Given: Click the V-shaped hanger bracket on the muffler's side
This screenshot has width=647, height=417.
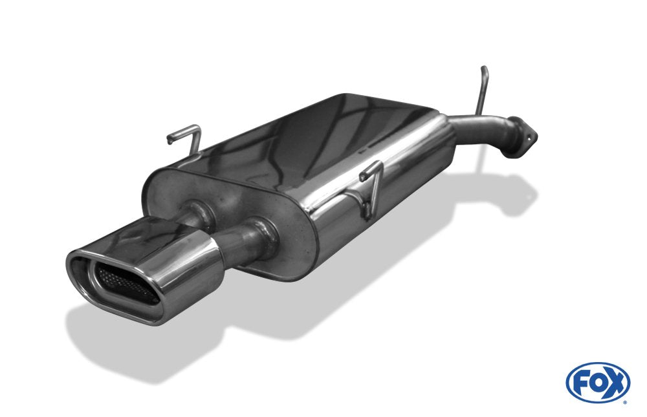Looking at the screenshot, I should tap(371, 187).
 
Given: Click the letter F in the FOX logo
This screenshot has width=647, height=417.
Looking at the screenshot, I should tap(581, 383).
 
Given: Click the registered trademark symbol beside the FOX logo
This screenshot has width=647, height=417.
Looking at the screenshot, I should tap(624, 401).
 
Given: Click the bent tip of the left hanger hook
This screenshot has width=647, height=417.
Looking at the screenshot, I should tap(170, 138).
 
